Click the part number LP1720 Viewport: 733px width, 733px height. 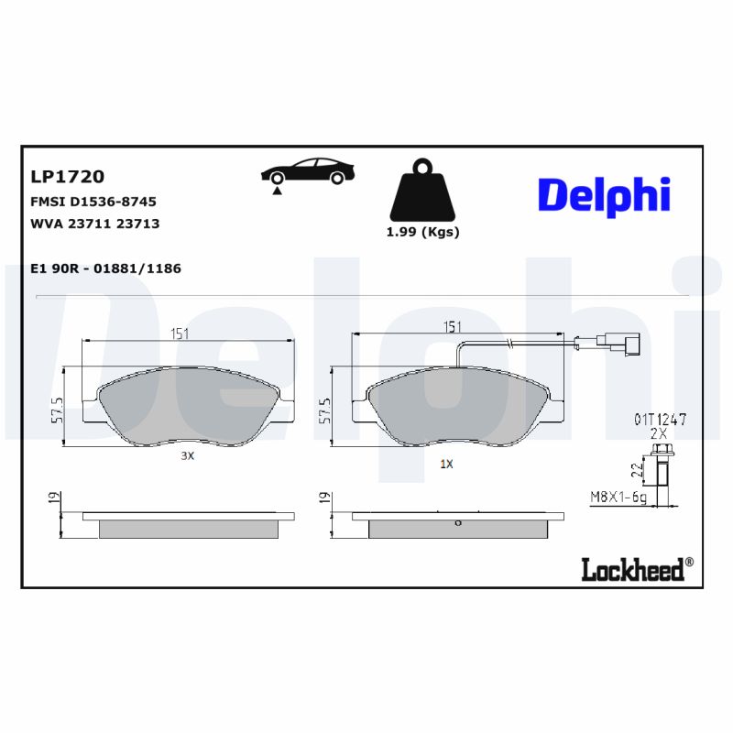point(68,177)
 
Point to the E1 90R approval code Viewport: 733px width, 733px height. point(106,268)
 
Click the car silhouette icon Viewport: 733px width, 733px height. point(308,171)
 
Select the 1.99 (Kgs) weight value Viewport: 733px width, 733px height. point(422,232)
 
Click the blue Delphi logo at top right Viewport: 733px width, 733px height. point(603,195)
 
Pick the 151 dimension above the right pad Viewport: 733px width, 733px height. point(452,327)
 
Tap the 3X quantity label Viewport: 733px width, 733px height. point(187,455)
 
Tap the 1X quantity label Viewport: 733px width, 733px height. point(446,465)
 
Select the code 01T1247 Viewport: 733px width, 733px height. point(659,418)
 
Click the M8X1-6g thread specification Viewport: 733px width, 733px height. point(619,498)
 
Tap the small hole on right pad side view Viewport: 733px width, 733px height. point(457,524)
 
